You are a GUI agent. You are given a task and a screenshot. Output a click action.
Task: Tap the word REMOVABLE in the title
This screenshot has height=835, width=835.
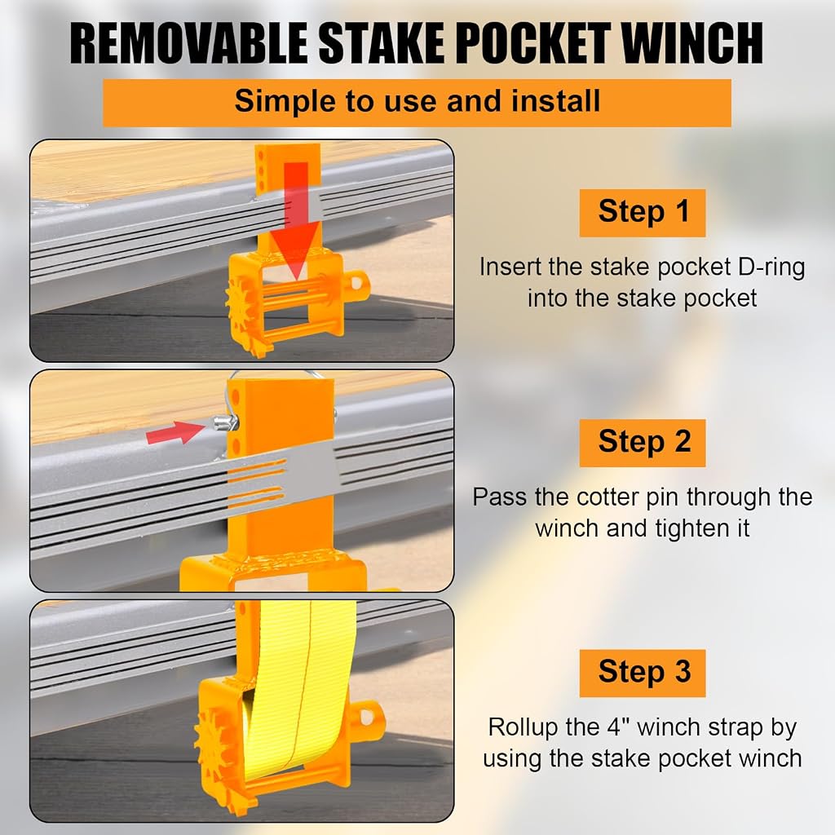point(188,44)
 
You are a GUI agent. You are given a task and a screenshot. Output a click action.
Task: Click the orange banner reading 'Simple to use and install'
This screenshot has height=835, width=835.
point(417,103)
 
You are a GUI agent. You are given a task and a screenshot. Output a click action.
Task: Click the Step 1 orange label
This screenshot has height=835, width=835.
point(643,213)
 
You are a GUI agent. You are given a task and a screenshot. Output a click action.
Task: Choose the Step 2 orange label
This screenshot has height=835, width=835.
point(643,443)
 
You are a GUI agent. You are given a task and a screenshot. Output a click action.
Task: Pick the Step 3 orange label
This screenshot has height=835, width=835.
point(643,673)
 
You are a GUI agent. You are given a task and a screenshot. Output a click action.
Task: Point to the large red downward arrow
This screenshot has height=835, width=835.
point(296,219)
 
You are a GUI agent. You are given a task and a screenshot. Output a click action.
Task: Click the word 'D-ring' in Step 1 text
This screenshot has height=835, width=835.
point(771,267)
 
